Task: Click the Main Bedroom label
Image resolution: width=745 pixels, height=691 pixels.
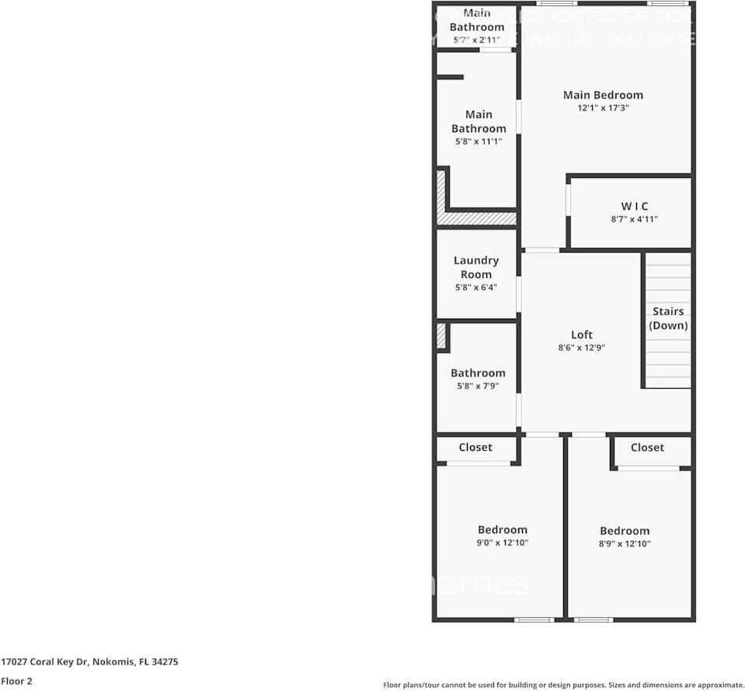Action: pyautogui.click(x=603, y=95)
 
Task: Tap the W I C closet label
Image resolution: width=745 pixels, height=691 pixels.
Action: pyautogui.click(x=634, y=206)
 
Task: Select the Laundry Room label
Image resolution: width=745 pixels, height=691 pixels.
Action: pyautogui.click(x=476, y=267)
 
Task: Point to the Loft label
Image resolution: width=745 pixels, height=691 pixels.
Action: pyautogui.click(x=582, y=335)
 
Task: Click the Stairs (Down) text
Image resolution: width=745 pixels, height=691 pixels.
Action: pyautogui.click(x=668, y=319)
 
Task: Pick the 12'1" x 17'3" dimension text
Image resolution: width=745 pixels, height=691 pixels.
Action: pyautogui.click(x=603, y=109)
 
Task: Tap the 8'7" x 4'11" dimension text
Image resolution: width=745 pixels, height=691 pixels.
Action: pyautogui.click(x=634, y=219)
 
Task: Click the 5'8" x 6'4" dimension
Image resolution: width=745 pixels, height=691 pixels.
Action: pyautogui.click(x=476, y=287)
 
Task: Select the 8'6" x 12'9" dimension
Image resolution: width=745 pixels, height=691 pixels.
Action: pyautogui.click(x=582, y=348)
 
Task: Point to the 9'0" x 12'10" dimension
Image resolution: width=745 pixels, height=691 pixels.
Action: pyautogui.click(x=503, y=543)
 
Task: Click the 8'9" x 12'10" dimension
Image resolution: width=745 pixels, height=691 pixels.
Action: pyautogui.click(x=625, y=544)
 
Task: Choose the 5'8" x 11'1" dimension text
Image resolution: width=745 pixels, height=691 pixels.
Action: pyautogui.click(x=479, y=141)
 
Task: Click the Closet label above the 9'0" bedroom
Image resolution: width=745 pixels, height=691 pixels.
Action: pyautogui.click(x=475, y=447)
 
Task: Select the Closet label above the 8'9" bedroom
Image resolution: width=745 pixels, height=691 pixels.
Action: pyautogui.click(x=647, y=447)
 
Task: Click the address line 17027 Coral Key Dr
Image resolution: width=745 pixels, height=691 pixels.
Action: pyautogui.click(x=90, y=662)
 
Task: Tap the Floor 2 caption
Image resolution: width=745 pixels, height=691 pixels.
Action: pyautogui.click(x=16, y=681)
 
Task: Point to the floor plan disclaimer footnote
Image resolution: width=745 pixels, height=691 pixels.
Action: pyautogui.click(x=563, y=685)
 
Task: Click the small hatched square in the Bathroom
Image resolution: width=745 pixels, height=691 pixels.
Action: pyautogui.click(x=441, y=336)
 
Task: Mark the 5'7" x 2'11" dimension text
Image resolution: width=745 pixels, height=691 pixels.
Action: pyautogui.click(x=477, y=40)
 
